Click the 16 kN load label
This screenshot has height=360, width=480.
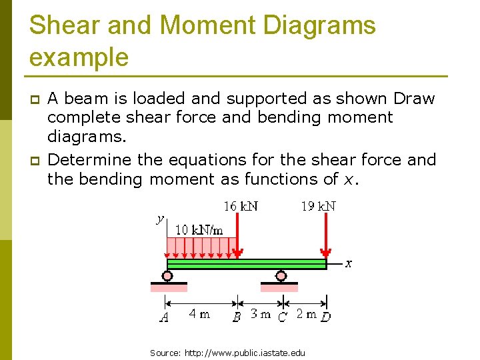click(241, 206)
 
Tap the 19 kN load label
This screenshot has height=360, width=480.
click(318, 206)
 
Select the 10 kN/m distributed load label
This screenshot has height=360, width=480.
click(199, 230)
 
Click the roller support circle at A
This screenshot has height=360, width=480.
click(167, 275)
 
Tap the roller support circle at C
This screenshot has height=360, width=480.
click(281, 275)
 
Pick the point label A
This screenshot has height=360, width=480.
click(164, 318)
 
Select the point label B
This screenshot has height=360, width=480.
click(237, 318)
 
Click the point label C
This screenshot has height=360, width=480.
click(282, 318)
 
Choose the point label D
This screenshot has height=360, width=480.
click(325, 317)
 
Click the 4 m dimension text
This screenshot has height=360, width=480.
click(199, 313)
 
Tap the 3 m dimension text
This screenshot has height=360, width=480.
click(260, 313)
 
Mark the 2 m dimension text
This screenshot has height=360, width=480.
click(306, 313)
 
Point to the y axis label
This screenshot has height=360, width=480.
click(160, 218)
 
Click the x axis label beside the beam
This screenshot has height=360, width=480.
click(348, 263)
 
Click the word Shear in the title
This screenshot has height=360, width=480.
click(63, 25)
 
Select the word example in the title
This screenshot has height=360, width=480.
click(79, 57)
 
